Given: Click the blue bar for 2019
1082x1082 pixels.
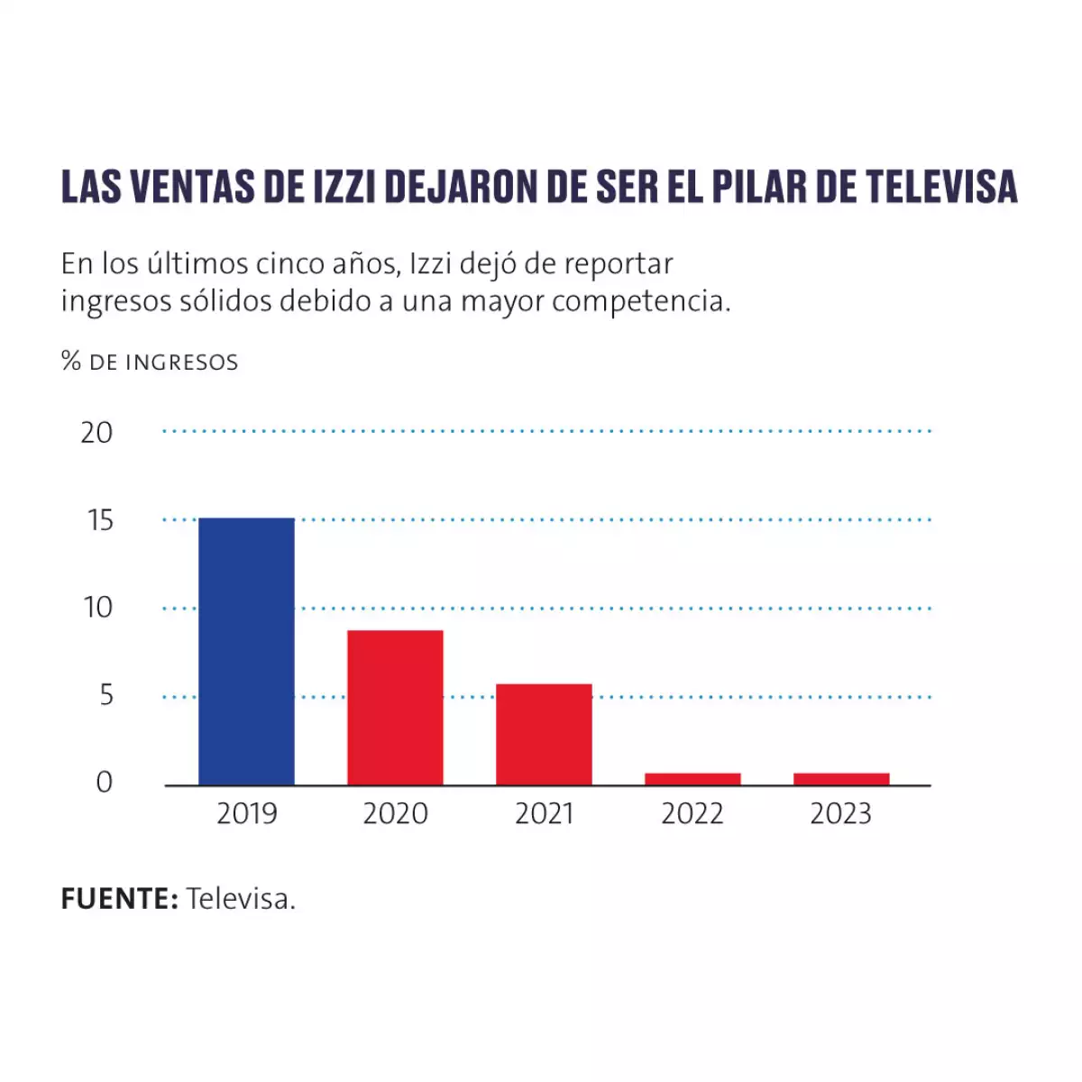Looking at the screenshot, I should click(x=246, y=651).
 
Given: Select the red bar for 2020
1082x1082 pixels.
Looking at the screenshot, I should click(x=395, y=707).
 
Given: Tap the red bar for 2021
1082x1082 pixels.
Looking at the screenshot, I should click(x=544, y=734).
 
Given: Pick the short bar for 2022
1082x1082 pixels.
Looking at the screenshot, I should click(x=692, y=779).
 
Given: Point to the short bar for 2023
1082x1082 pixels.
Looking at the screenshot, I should click(x=841, y=779).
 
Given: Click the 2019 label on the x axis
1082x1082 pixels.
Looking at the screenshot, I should click(x=246, y=814).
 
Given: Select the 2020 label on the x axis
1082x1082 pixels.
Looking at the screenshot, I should click(x=395, y=814).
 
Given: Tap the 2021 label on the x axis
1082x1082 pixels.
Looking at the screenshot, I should click(x=544, y=814).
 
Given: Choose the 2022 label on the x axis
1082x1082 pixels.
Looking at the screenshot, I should click(x=692, y=814).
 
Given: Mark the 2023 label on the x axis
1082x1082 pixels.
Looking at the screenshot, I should click(x=841, y=814).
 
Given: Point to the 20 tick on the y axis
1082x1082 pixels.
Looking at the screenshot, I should click(x=96, y=433).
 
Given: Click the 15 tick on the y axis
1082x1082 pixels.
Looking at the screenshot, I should click(x=99, y=520).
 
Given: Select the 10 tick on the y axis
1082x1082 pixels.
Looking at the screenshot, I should click(x=97, y=608).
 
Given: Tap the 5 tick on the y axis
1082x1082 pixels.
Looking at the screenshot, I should click(x=106, y=695).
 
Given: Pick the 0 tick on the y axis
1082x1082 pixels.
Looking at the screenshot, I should click(x=105, y=783).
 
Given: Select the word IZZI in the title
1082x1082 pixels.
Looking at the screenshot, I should click(x=346, y=187).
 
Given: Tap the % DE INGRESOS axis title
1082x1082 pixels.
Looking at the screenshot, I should click(x=150, y=362).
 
